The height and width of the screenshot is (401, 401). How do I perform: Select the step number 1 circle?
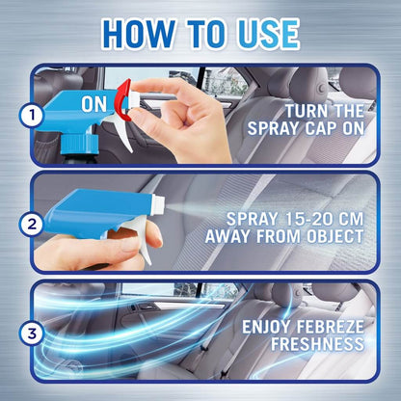tap(32, 115)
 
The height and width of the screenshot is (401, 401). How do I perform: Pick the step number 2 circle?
tap(32, 224)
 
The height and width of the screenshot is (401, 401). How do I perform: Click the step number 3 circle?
tap(32, 334)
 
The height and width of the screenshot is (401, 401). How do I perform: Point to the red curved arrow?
tap(120, 100)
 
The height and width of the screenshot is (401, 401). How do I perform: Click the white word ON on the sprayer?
tap(94, 104)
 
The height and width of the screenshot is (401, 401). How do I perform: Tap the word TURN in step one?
tap(305, 111)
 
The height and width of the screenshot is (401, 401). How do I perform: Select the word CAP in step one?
tap(320, 129)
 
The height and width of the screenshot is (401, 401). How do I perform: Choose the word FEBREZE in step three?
tap(330, 327)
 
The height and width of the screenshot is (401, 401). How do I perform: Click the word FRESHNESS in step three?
tap(317, 344)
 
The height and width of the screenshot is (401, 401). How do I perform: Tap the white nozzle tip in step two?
tap(159, 203)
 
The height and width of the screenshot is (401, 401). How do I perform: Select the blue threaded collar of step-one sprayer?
tap(80, 145)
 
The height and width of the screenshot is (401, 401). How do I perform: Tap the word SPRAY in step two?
tap(252, 219)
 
